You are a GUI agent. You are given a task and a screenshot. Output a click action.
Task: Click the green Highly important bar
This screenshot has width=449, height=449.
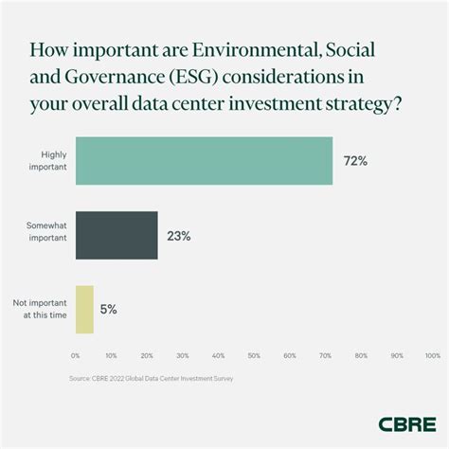pyautogui.click(x=204, y=161)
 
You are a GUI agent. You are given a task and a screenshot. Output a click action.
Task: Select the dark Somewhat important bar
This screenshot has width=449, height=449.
pyautogui.click(x=117, y=235)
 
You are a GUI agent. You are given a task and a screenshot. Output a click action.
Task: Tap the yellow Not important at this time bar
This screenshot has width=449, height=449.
pyautogui.click(x=84, y=309)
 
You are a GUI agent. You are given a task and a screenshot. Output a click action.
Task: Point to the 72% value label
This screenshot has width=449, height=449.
pyautogui.click(x=355, y=162)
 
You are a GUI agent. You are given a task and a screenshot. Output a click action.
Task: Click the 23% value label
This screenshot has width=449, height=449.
pyautogui.click(x=178, y=236)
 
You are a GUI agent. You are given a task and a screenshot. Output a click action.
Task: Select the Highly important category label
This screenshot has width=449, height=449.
pyautogui.click(x=46, y=161)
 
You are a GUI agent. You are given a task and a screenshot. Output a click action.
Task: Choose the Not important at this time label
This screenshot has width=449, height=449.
pyautogui.click(x=39, y=309)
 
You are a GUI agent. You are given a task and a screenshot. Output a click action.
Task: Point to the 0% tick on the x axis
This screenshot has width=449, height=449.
pyautogui.click(x=76, y=356)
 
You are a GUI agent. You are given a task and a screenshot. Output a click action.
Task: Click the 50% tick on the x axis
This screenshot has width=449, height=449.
pyautogui.click(x=254, y=356)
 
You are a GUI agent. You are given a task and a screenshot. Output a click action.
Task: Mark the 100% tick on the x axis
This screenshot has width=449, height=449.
pyautogui.click(x=432, y=356)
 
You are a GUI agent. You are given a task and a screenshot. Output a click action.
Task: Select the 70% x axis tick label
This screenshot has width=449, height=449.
pyautogui.click(x=325, y=356)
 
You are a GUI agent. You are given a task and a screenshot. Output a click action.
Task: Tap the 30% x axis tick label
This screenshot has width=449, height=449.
pyautogui.click(x=183, y=356)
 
